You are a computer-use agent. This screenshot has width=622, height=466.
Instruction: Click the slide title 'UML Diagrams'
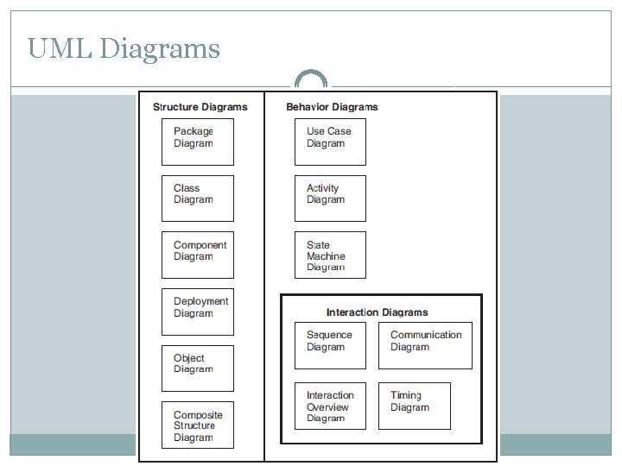pos(124,47)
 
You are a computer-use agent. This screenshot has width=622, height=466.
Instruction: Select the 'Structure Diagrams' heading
pos(200,107)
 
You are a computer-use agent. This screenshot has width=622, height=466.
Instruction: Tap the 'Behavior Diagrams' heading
pos(332,107)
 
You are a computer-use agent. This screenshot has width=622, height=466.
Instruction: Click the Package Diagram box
pos(198,142)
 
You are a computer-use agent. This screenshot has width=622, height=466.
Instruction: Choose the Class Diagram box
pos(198,198)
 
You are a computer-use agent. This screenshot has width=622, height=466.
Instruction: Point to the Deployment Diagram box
pos(198,311)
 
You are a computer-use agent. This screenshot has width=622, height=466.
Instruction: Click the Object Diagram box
pos(198,367)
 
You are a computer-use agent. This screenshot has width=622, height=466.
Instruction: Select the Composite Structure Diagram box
pos(198,425)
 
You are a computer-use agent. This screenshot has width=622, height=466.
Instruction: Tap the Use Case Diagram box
pos(330,142)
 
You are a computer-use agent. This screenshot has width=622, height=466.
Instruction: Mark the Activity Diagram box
pos(330,198)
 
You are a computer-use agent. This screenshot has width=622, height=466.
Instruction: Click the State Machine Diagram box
pos(330,255)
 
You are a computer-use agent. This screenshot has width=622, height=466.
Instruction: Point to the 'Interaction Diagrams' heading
pos(377,312)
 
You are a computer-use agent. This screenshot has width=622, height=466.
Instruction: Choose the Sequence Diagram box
pos(330,345)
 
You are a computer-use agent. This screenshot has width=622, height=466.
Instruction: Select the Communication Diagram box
pos(426,345)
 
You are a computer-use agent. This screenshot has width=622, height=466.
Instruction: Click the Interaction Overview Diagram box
pos(330,406)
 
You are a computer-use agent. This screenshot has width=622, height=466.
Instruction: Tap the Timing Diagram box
pos(414,406)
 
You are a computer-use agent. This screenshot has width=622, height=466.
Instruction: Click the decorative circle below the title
pos(311,80)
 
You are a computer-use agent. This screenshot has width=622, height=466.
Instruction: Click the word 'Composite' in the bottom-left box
pos(198,415)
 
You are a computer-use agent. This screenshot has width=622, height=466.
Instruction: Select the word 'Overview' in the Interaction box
pos(327,407)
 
